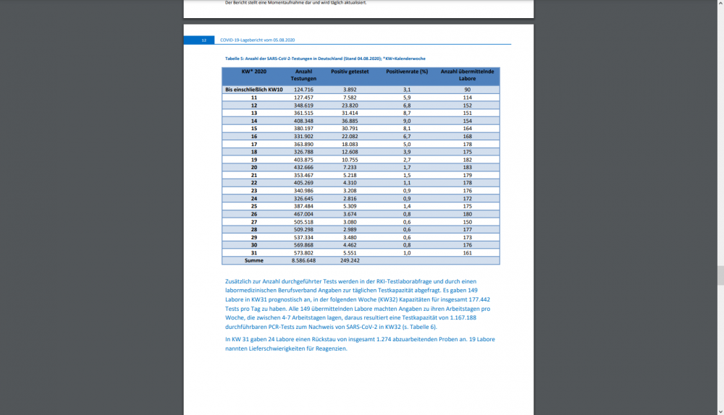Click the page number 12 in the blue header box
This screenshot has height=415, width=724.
[204, 40]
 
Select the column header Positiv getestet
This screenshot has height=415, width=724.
[350, 72]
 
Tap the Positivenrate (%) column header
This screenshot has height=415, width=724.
[407, 72]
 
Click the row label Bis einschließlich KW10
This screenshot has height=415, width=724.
[253, 90]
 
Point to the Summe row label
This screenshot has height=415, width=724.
[254, 260]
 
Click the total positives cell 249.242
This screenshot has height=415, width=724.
[350, 260]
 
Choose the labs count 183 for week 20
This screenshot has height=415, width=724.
[468, 168]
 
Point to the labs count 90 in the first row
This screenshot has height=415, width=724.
[468, 90]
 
